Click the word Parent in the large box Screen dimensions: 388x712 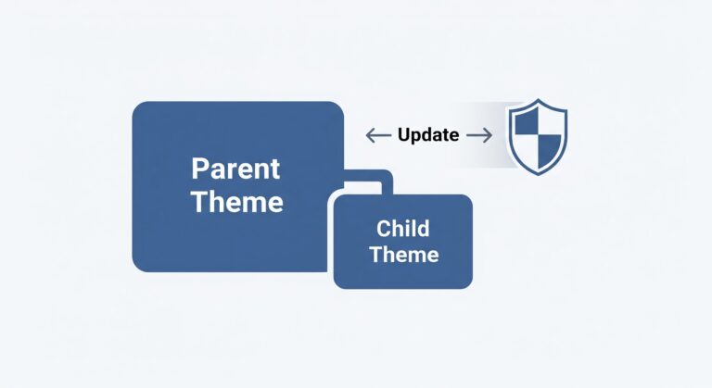[236, 169]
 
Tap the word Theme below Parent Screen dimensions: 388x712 [236, 202]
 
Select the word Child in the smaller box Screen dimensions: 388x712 [403, 228]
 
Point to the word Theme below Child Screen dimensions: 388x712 [403, 253]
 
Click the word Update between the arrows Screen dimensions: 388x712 [428, 135]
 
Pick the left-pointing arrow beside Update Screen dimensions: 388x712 [378, 135]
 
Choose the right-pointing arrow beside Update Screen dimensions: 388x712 [478, 135]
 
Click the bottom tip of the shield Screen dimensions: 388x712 [537, 174]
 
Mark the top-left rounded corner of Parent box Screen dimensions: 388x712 [139, 107]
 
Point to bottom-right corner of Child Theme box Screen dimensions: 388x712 [467, 283]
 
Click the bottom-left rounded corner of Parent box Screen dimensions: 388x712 [139, 266]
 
